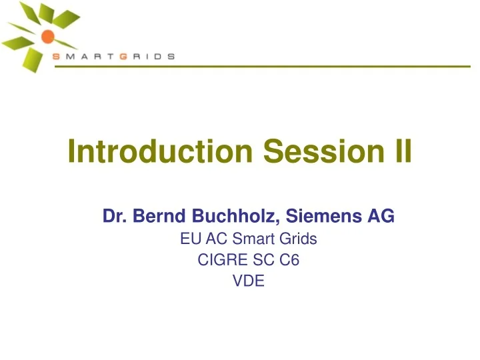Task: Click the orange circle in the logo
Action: pos(47,36)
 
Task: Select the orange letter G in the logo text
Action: pos(123,57)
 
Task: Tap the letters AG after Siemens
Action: pos(383,216)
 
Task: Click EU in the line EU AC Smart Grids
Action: pos(189,239)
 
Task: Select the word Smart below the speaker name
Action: pos(251,239)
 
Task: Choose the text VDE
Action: pos(249,282)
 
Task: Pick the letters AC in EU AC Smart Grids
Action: pos(213,239)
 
